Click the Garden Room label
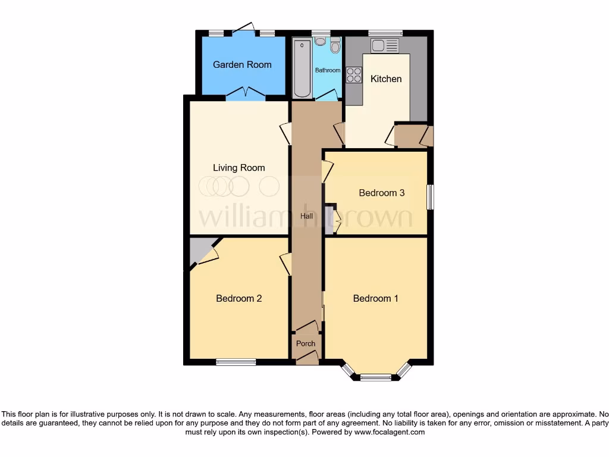242,64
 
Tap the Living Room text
239,168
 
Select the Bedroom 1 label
376,298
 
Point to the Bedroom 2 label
239,298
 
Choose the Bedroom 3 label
382,193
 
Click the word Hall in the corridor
306,217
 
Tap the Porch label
306,343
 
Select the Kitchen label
386,79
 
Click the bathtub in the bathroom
302,67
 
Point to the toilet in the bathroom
335,46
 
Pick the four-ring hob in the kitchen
354,75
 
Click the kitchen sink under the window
385,45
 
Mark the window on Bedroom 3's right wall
430,196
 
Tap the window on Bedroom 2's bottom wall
236,362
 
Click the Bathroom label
328,70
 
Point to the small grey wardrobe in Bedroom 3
329,219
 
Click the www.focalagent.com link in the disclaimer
389,433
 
